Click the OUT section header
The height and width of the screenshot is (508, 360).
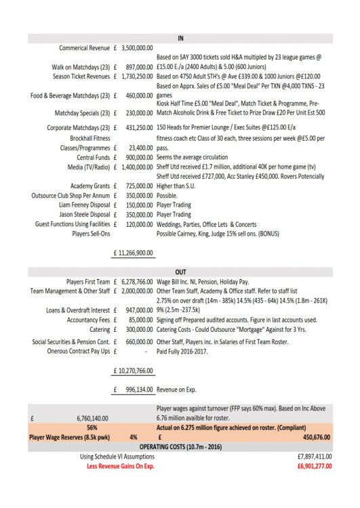click(180, 270)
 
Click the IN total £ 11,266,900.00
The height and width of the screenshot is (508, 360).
click(133, 253)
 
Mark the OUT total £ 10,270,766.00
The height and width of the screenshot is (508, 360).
click(133, 371)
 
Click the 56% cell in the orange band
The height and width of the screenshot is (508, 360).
click(92, 428)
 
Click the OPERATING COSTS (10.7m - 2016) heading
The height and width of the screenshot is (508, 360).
click(180, 447)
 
